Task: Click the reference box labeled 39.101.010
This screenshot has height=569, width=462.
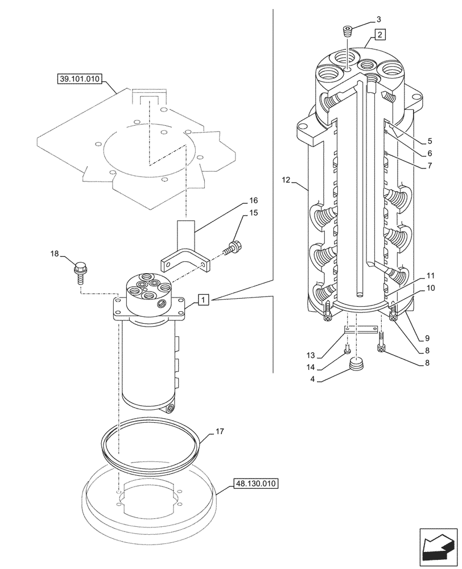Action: (79, 80)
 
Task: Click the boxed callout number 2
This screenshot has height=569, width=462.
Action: (380, 34)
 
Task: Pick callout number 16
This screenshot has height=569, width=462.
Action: (253, 200)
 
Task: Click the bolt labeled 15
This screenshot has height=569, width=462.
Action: (233, 248)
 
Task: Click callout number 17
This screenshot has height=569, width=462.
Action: (221, 432)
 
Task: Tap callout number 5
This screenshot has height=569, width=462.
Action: (430, 141)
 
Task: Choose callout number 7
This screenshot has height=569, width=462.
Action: (430, 166)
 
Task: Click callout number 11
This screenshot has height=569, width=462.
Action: (430, 275)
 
